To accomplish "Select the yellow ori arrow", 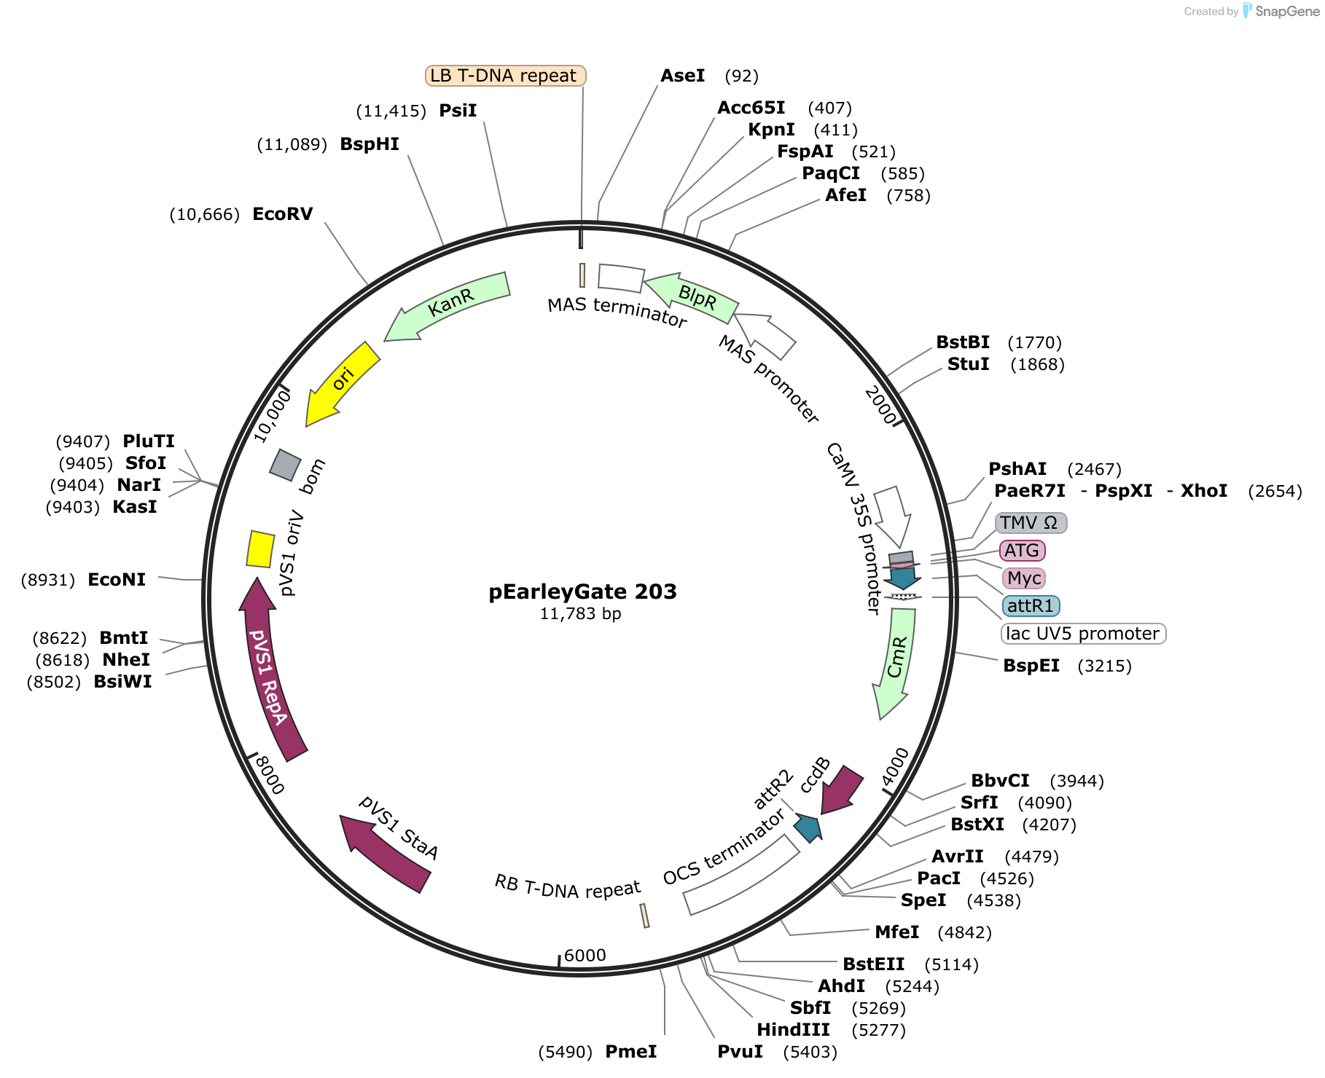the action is (340, 383).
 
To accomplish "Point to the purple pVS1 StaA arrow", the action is (384, 852).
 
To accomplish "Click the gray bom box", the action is (285, 465).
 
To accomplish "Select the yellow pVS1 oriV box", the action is (260, 549).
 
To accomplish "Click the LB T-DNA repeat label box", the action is (505, 76).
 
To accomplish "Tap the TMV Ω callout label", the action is (1031, 523).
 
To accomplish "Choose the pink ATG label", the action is (1023, 551).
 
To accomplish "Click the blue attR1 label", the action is (1031, 606).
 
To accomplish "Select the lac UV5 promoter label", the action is (1084, 634).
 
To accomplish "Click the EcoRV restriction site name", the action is (283, 214).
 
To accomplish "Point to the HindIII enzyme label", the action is (793, 1030).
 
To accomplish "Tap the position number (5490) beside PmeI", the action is (566, 1052).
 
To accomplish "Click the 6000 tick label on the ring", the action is (585, 956).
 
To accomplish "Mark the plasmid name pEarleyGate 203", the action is (582, 591).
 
